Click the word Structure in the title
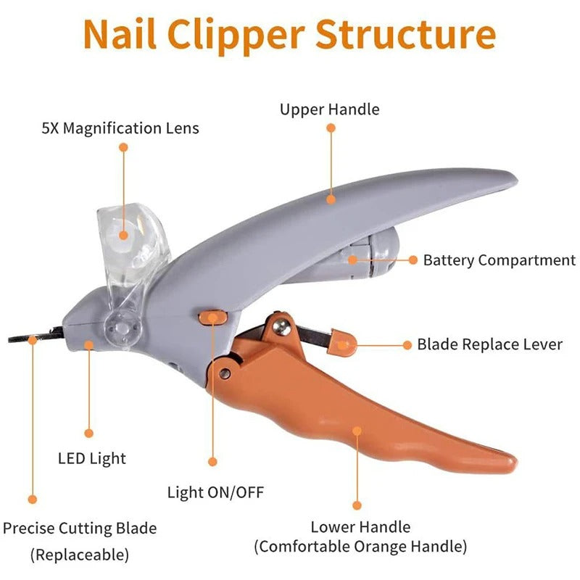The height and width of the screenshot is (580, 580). point(406,35)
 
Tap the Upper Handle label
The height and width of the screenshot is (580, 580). point(330,109)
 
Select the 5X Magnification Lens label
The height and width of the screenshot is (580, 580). point(120,128)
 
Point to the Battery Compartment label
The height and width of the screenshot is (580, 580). point(500,260)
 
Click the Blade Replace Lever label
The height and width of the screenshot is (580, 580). point(489,344)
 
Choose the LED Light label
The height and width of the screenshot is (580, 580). point(91,458)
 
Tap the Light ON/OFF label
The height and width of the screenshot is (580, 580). point(215,493)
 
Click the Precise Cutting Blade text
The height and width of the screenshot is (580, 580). point(80,529)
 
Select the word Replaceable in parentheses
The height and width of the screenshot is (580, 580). point(80,555)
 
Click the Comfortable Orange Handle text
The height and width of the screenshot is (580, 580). point(360,546)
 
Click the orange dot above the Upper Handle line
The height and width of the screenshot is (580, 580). point(331,128)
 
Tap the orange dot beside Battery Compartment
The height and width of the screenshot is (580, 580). point(413,260)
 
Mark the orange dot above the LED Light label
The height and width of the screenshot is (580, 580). point(88,433)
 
